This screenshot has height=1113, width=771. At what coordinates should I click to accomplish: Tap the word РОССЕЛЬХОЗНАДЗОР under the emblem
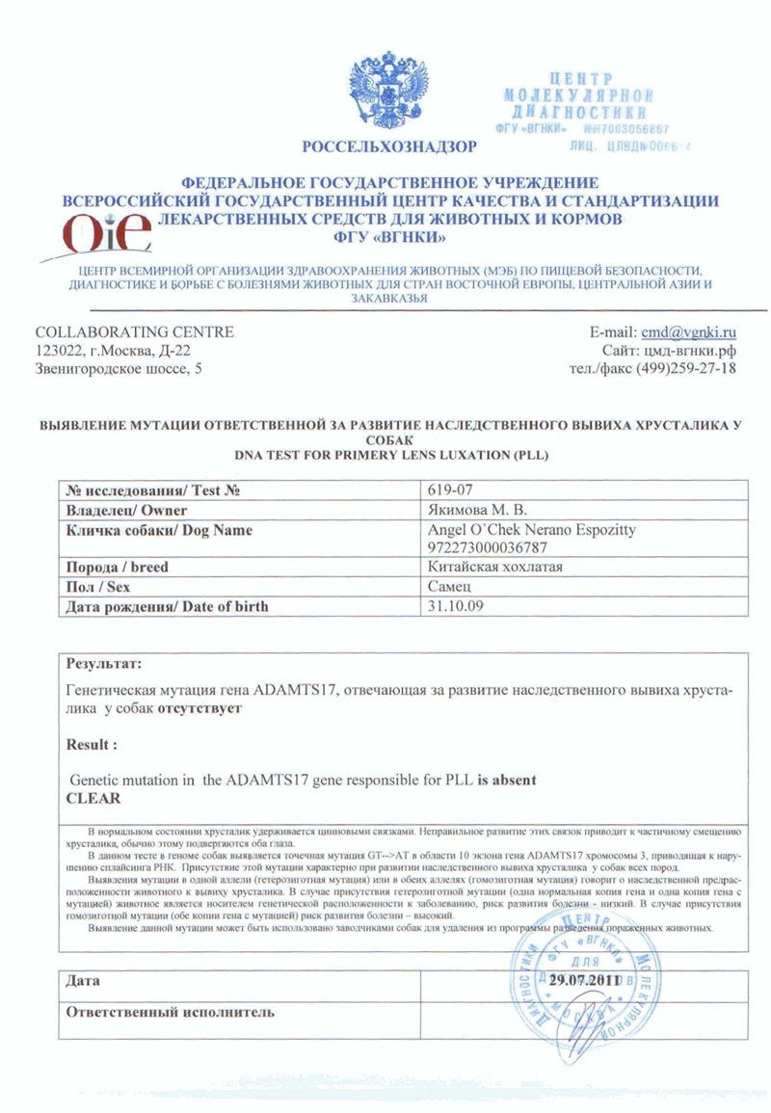click(x=388, y=147)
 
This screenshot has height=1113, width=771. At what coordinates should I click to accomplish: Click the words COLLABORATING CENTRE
click(x=134, y=332)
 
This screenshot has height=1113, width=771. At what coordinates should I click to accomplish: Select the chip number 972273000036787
click(x=488, y=547)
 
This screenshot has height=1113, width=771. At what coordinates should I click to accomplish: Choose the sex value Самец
click(x=448, y=586)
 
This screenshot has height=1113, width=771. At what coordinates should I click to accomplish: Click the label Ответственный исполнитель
click(x=170, y=1012)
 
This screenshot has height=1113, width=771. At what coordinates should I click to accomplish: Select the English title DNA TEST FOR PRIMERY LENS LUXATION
click(x=389, y=454)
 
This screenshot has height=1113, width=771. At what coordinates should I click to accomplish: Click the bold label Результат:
click(x=103, y=664)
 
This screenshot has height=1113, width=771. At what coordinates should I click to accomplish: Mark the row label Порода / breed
click(x=116, y=567)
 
